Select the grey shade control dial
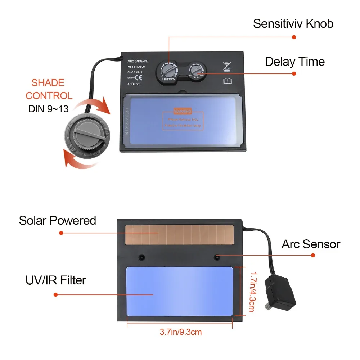click(87, 132)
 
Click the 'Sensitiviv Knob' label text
click(293, 24)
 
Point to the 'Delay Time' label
click(294, 62)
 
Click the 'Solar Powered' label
click(58, 220)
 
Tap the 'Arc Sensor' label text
click(311, 244)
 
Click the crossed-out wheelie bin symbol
click(227, 66)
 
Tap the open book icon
click(228, 81)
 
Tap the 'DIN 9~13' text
click(48, 109)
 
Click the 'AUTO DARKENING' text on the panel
click(138, 61)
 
